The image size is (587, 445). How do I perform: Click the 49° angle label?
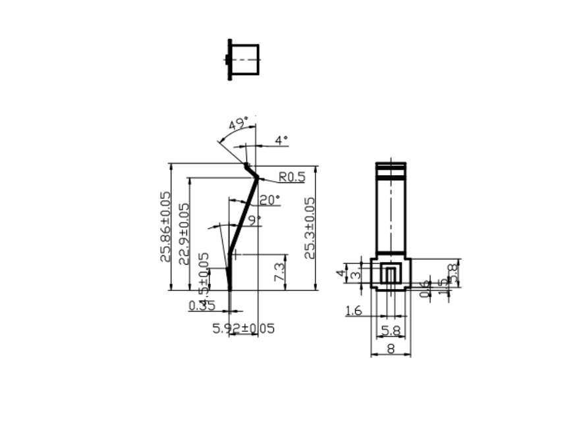point(238,124)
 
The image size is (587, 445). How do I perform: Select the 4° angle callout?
point(281,140)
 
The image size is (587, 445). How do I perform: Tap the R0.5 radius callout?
point(292,177)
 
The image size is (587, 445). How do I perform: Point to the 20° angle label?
point(269,200)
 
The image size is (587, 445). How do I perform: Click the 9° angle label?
point(254,219)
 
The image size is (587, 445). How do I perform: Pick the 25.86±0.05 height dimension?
point(165,226)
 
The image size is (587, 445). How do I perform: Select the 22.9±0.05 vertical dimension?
point(184,233)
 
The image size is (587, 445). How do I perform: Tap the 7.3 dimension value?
point(279,272)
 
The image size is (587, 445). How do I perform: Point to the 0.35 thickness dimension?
point(202,305)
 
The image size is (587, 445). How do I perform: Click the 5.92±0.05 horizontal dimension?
point(243,328)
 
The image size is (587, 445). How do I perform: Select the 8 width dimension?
point(391,349)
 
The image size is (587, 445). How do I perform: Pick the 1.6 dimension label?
point(354,311)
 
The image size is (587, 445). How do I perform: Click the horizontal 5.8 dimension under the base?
point(391,330)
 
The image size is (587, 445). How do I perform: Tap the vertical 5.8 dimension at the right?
point(452,272)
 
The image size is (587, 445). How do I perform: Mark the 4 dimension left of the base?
point(341,273)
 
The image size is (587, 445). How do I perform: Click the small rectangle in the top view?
point(246,59)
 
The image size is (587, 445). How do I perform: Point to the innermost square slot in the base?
point(391,274)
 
